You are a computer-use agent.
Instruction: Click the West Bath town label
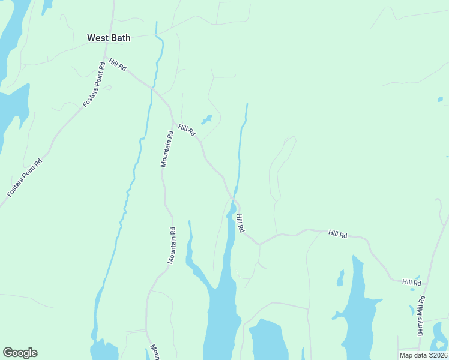[109, 38]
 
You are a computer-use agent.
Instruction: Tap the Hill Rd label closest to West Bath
[117, 65]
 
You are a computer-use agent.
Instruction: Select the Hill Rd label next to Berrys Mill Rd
[412, 282]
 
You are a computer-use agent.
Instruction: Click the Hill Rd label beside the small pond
[187, 130]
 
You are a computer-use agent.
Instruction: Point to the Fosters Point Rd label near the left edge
[25, 178]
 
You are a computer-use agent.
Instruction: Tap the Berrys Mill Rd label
[422, 315]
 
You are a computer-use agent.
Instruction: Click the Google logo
[20, 353]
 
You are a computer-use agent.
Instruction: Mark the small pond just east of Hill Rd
[206, 119]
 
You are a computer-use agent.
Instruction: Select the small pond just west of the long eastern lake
[340, 278]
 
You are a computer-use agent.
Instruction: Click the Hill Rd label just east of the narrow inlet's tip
[240, 224]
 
